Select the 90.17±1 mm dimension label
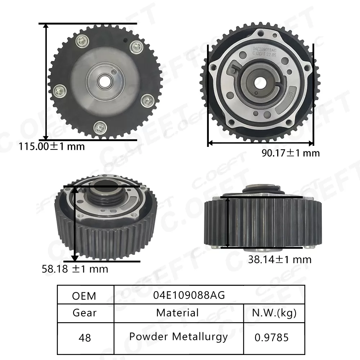tap(290, 153)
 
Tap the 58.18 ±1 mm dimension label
tap(75, 269)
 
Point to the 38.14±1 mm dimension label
tap(279, 259)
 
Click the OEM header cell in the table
tap(84, 296)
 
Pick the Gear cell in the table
tap(84, 313)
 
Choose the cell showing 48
tap(84, 338)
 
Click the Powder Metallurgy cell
tap(178, 337)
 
